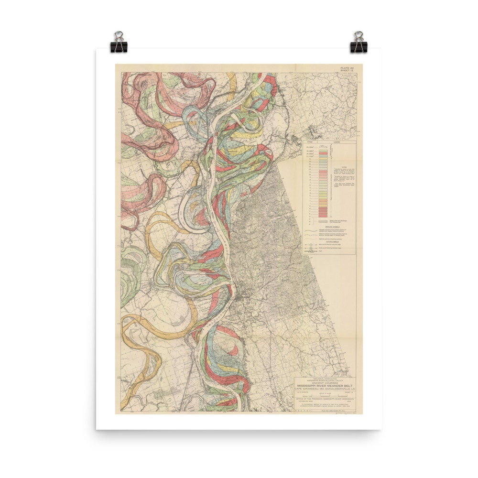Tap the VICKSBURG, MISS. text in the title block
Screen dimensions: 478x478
[x=306, y=401]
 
